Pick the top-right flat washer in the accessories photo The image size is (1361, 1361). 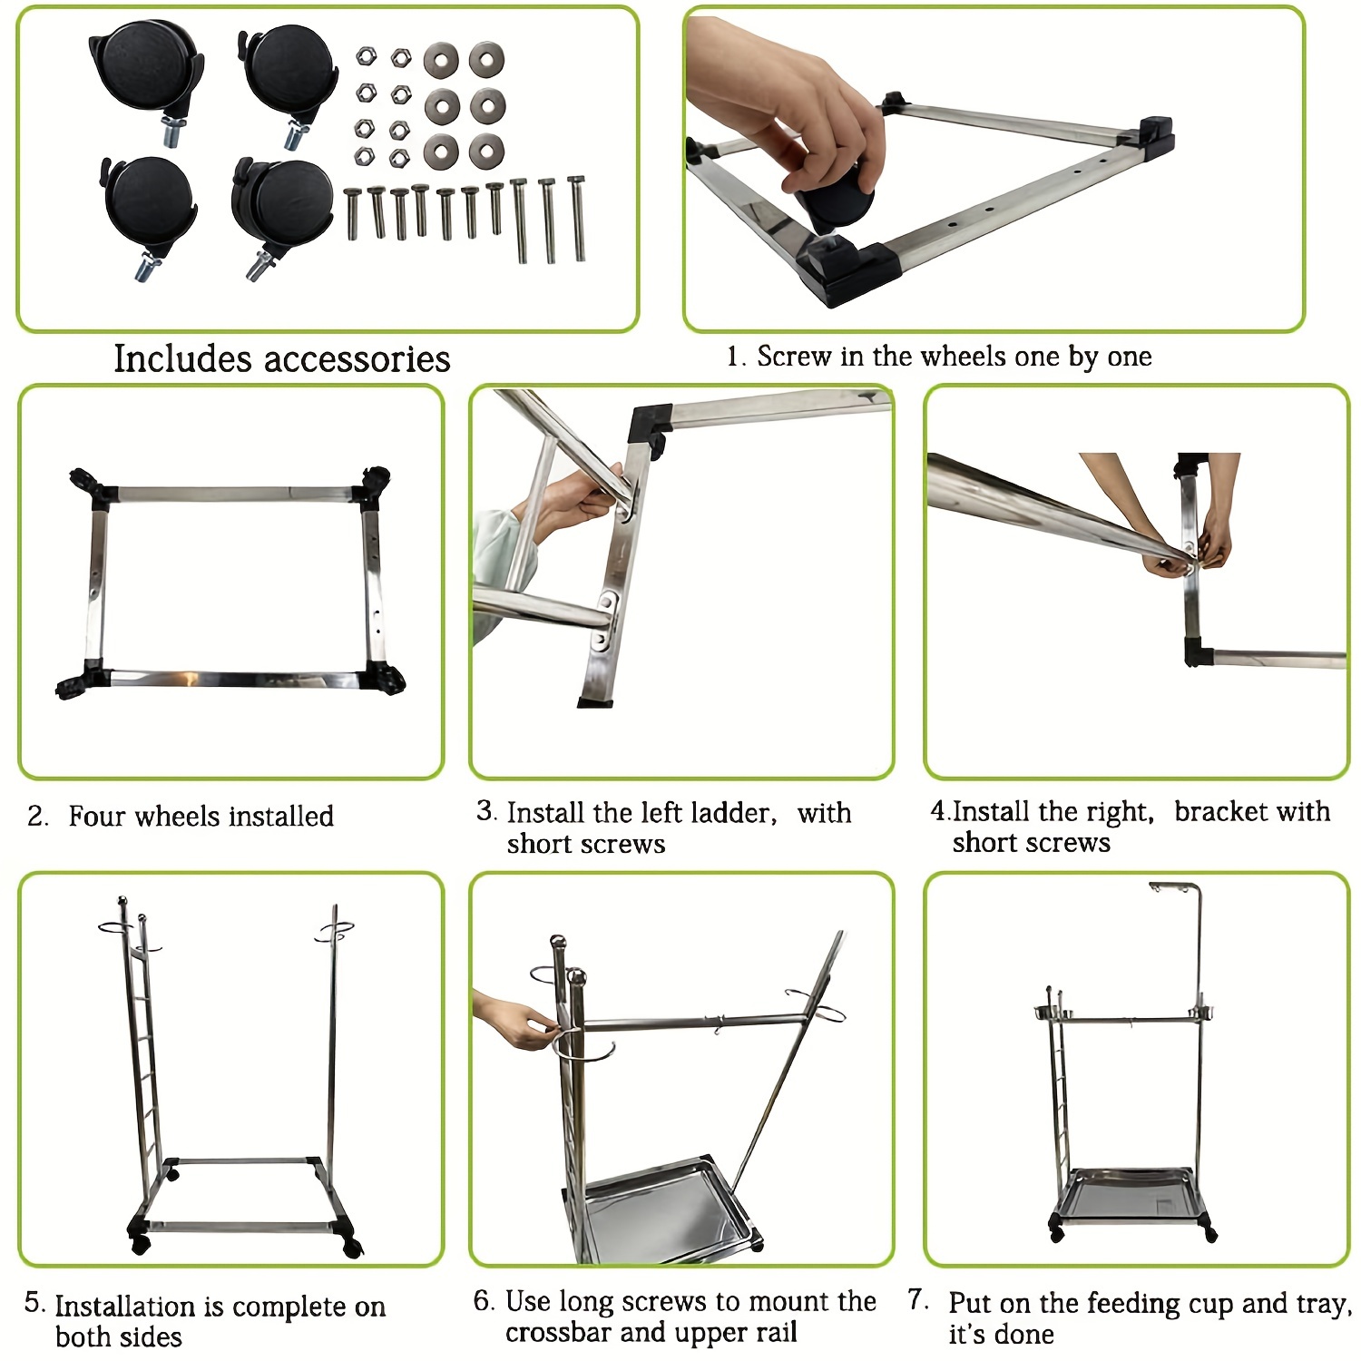click(487, 60)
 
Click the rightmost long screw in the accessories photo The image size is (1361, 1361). click(577, 219)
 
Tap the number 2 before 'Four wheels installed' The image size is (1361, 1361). click(36, 816)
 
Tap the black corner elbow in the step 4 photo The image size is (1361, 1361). click(1199, 653)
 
